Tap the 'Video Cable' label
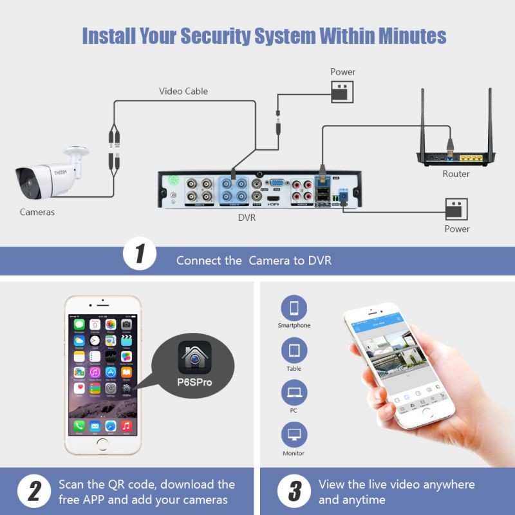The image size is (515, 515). (183, 91)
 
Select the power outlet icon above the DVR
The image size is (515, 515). (342, 92)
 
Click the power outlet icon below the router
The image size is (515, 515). (456, 209)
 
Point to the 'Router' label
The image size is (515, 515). (456, 174)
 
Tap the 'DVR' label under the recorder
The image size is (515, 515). (247, 218)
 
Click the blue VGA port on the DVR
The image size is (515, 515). (276, 183)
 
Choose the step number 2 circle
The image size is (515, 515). (31, 492)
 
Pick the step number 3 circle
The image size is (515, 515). (294, 492)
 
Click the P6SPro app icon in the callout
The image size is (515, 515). (194, 357)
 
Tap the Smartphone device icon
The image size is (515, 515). (294, 308)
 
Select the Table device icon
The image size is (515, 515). (294, 351)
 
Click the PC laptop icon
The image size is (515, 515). (294, 392)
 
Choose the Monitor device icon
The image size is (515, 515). (294, 435)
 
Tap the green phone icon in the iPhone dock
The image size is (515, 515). (79, 426)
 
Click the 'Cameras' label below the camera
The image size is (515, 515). (37, 212)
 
